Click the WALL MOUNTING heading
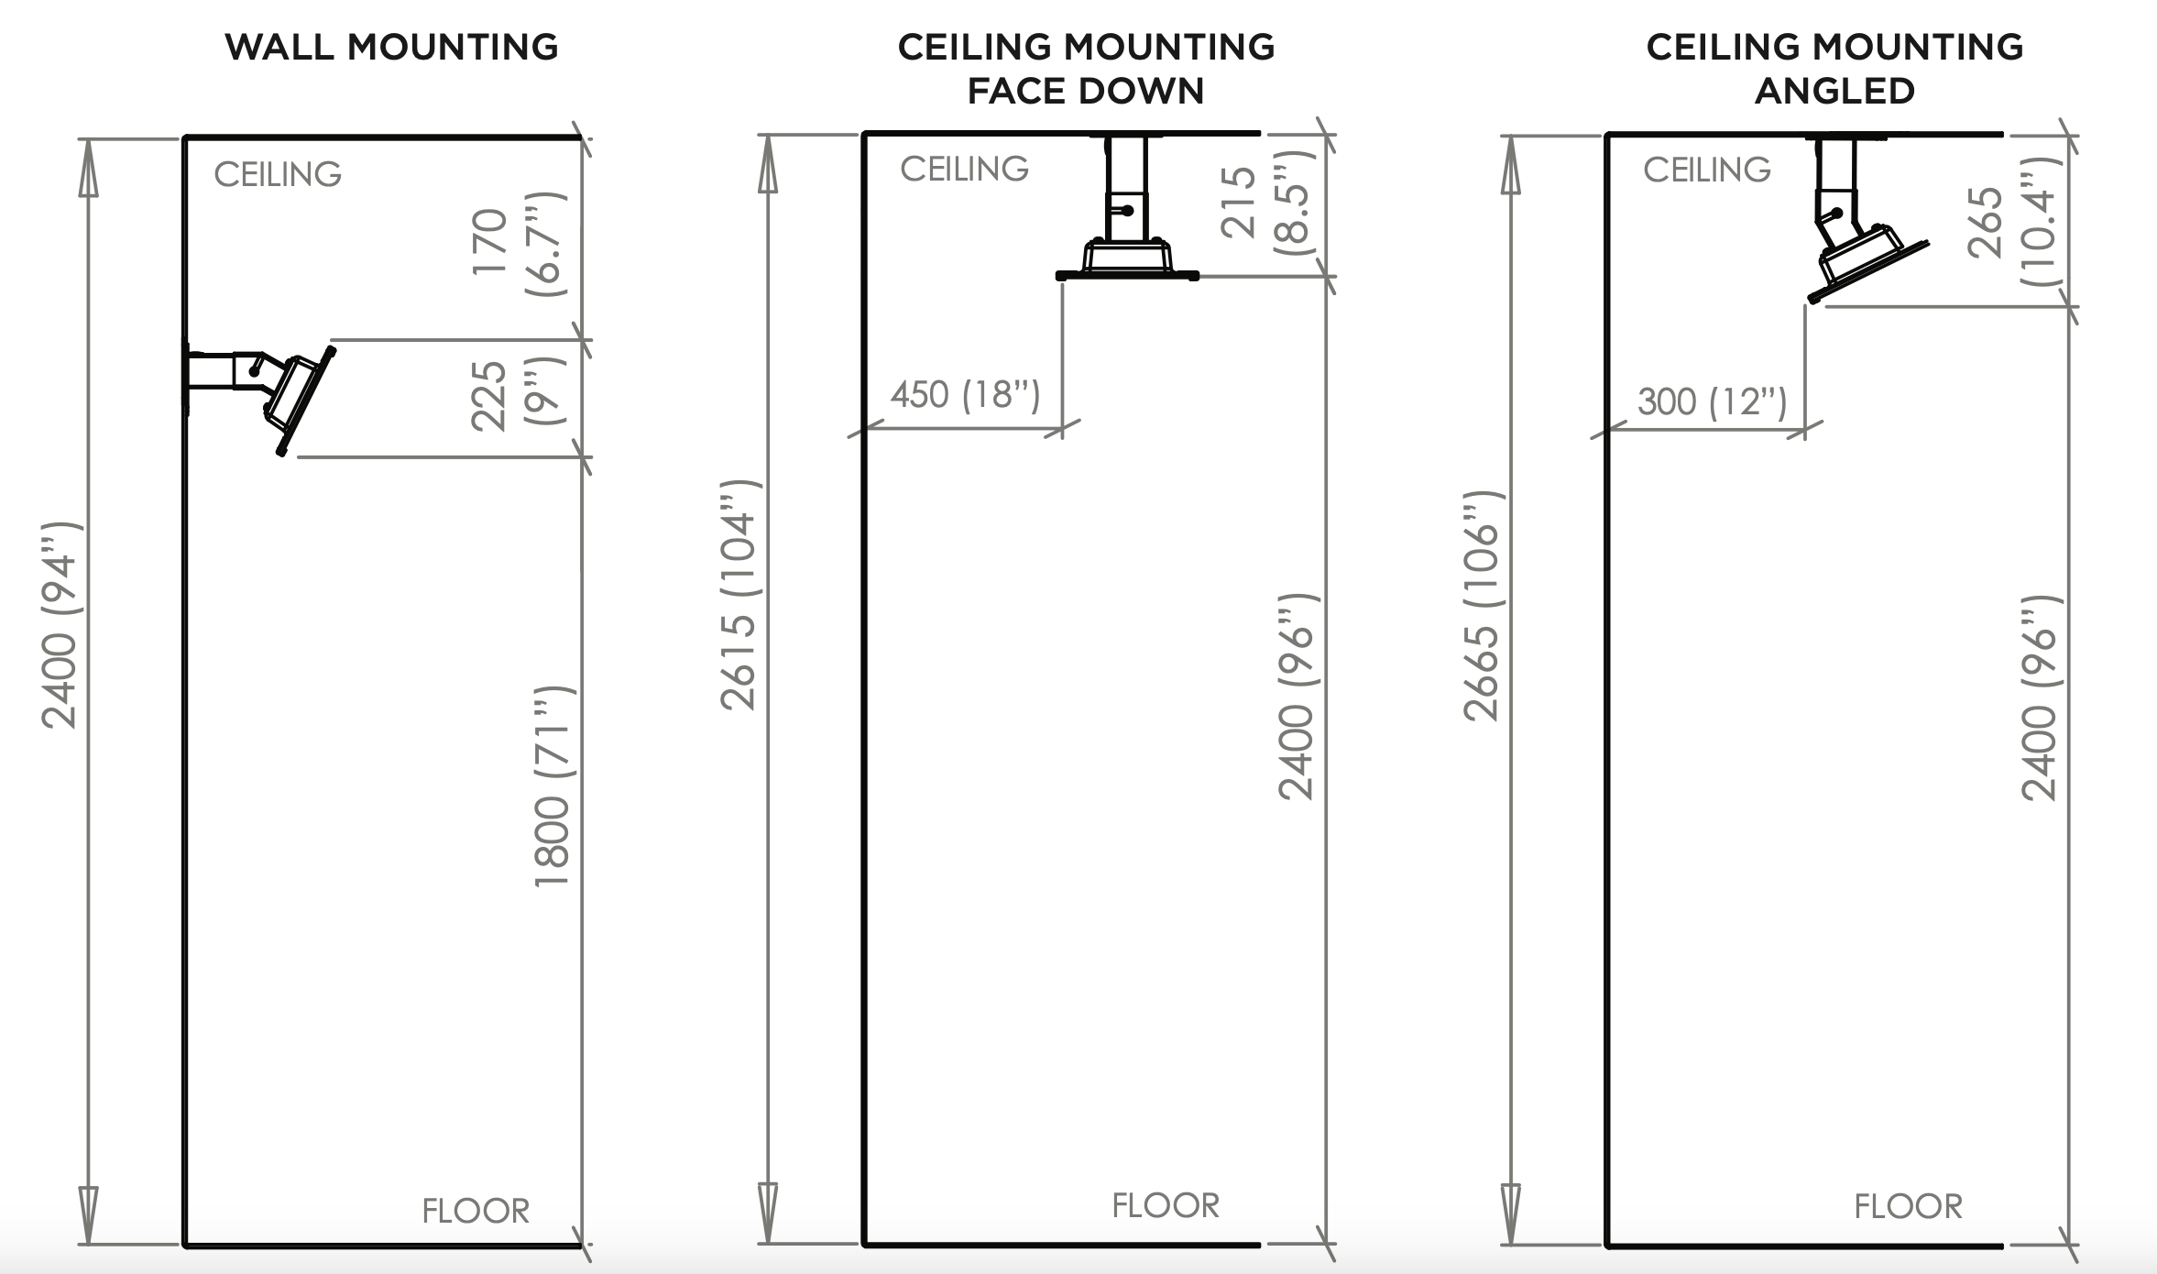pos(391,48)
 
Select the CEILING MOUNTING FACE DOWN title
pos(1086,69)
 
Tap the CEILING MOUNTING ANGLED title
pos(1834,69)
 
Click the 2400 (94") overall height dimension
pos(60,626)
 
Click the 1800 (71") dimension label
pos(553,786)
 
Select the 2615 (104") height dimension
pos(739,594)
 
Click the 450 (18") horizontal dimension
pos(965,395)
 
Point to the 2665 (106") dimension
pos(1481,605)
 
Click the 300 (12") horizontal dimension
pos(1712,401)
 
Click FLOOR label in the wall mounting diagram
pos(476,1211)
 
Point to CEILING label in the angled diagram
pos(1706,170)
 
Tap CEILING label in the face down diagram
pos(964,169)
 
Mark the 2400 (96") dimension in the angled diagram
pos(2040,698)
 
